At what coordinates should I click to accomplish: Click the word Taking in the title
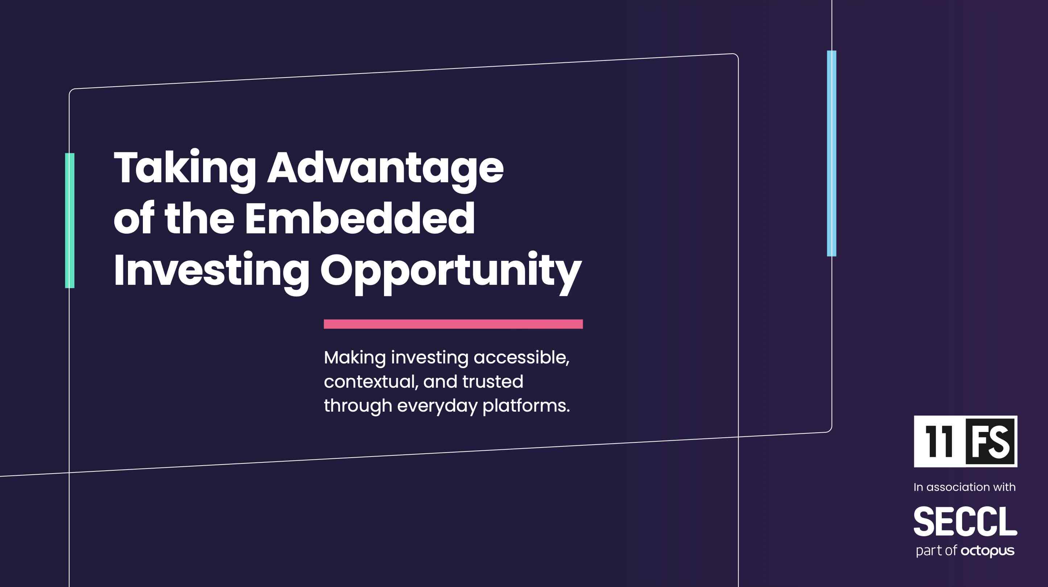click(x=185, y=170)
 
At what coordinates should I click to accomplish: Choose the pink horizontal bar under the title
click(x=453, y=324)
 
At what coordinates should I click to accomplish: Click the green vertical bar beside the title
click(x=70, y=220)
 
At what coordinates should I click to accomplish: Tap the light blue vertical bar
click(x=832, y=153)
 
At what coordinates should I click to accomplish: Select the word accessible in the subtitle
click(x=521, y=358)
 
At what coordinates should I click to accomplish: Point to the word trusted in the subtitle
click(x=493, y=382)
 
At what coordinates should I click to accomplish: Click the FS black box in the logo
click(x=990, y=441)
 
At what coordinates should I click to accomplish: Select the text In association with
click(x=965, y=487)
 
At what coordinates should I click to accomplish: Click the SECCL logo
click(x=965, y=521)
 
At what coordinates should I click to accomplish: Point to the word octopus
click(x=987, y=551)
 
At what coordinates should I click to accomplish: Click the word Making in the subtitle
click(x=355, y=358)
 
